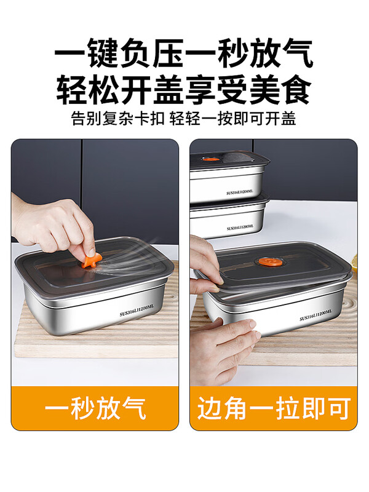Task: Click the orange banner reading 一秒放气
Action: click(95, 408)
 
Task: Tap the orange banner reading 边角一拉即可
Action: click(274, 408)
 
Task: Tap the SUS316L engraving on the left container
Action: click(141, 307)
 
